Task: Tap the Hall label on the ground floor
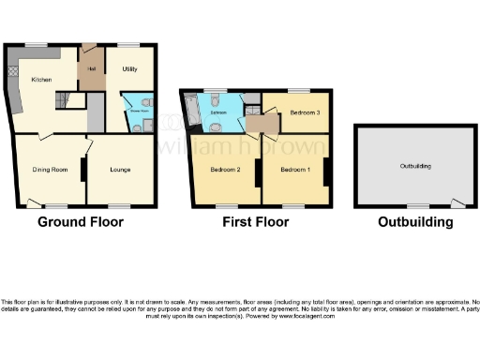pyautogui.click(x=93, y=68)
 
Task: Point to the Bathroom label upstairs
pyautogui.click(x=218, y=113)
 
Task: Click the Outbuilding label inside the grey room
pyautogui.click(x=413, y=166)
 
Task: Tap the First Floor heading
pyautogui.click(x=255, y=223)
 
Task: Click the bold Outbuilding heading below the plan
pyautogui.click(x=414, y=223)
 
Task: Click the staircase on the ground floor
pyautogui.click(x=67, y=100)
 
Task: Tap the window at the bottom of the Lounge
pyautogui.click(x=118, y=204)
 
